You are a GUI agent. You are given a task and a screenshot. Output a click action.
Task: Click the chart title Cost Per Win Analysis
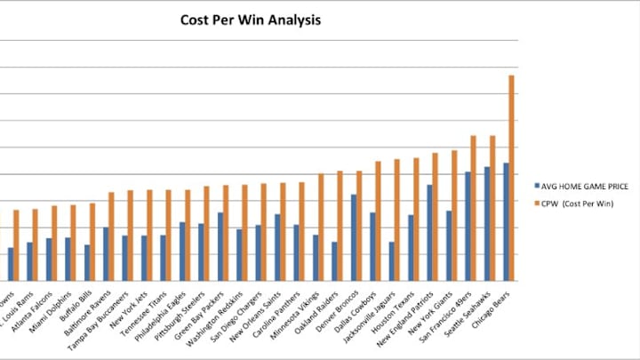251,19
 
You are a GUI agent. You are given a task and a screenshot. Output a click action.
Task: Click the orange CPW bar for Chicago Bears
512,178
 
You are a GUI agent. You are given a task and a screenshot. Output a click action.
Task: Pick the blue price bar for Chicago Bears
506,221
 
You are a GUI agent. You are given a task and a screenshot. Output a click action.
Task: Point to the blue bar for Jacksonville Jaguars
391,261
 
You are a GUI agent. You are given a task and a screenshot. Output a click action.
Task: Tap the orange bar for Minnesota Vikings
321,228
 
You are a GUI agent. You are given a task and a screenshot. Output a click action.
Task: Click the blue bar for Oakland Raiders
334,261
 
